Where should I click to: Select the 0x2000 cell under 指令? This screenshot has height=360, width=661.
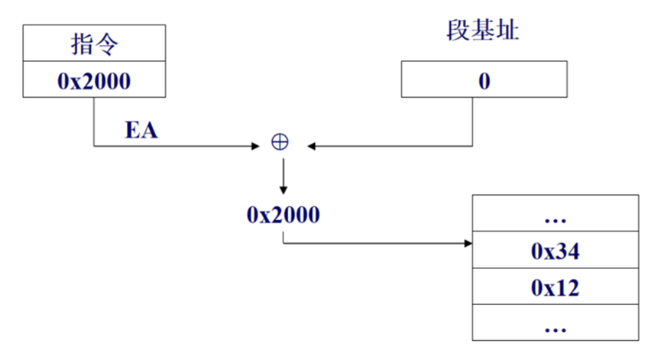tap(94, 80)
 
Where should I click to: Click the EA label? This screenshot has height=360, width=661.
tap(142, 130)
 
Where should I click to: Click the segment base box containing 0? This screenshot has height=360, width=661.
tap(484, 80)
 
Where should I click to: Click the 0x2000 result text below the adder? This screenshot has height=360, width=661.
tap(283, 215)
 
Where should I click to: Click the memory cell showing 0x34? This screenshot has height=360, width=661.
tap(555, 250)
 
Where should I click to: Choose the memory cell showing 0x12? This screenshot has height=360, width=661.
tap(555, 287)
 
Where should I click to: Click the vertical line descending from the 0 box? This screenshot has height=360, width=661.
tap(473, 120)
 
